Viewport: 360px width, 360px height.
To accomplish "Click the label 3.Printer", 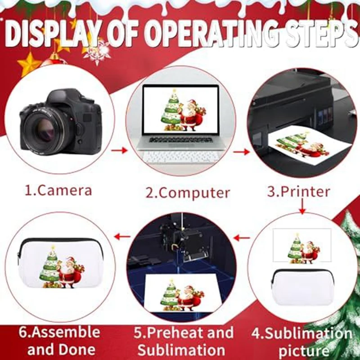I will point(298,191).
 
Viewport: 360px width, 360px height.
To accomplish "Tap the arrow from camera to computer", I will point(118,149).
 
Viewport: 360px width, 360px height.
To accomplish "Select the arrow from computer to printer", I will point(241,152).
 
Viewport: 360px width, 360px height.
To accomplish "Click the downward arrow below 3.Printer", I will point(302,208).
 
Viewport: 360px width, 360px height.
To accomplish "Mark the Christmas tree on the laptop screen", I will point(171,108).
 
